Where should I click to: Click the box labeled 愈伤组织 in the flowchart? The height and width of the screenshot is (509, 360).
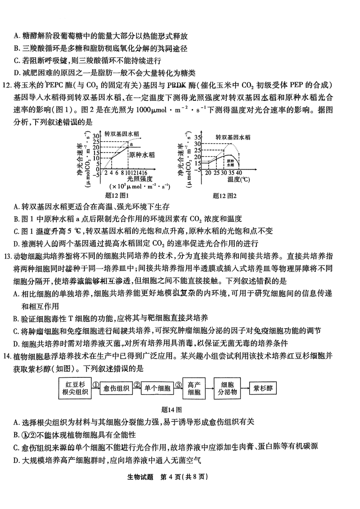[116, 388]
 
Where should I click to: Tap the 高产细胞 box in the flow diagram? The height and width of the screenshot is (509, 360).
[194, 388]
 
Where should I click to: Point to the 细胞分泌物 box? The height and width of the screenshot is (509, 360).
[228, 388]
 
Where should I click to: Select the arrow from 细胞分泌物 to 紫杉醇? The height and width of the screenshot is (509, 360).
[245, 388]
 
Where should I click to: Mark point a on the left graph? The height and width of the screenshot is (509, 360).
[130, 144]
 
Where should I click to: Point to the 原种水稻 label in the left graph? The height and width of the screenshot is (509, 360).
[142, 154]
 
